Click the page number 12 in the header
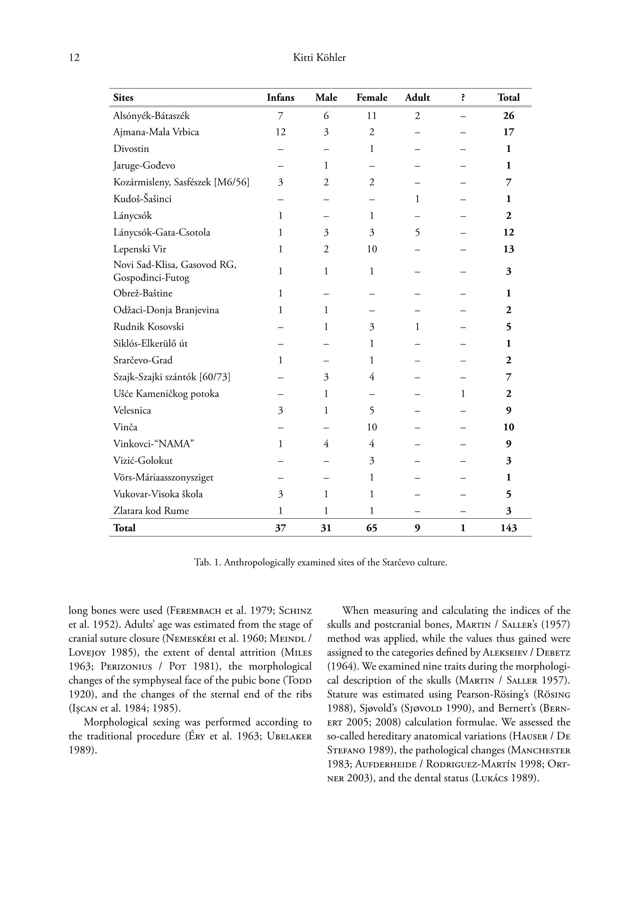coord(74,58)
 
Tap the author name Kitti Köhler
coord(319,58)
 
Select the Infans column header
coord(280,98)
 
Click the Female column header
coord(371,98)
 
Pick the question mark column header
coord(463,98)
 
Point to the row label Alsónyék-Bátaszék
coord(151,116)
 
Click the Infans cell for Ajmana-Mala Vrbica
coord(280,132)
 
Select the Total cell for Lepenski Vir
coord(508,249)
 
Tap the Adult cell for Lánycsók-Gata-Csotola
coord(417,232)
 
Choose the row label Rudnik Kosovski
coord(148,327)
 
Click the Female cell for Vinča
coord(371,427)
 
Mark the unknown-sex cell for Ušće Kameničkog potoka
coord(463,394)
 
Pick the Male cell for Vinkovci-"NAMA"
coord(326,444)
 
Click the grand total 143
coord(508,528)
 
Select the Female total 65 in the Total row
coord(371,528)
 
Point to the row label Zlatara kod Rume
coord(151,511)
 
